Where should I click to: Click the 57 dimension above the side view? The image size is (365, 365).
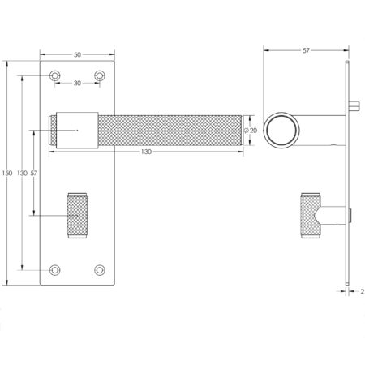pyautogui.click(x=306, y=50)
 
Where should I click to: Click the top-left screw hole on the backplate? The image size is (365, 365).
pyautogui.click(x=56, y=75)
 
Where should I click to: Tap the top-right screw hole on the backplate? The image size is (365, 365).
pyautogui.click(x=100, y=75)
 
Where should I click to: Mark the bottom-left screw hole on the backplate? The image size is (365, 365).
pyautogui.click(x=56, y=270)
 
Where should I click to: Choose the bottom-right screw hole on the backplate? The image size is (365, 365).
pyautogui.click(x=100, y=270)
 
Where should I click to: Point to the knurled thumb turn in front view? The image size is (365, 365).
pyautogui.click(x=78, y=215)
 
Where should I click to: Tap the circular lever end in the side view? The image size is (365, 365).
pyautogui.click(x=283, y=130)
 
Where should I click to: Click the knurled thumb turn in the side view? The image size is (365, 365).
pyautogui.click(x=311, y=215)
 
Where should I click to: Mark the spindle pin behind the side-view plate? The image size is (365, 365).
pyautogui.click(x=355, y=105)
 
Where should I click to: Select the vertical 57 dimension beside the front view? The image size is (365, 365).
pyautogui.click(x=33, y=174)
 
